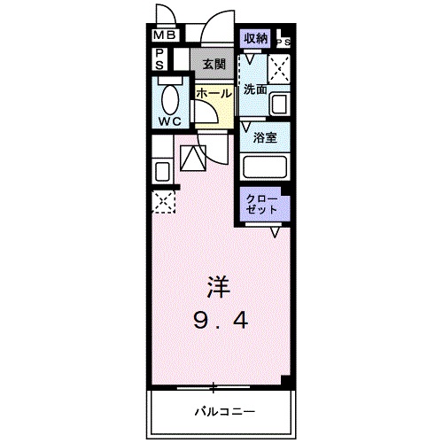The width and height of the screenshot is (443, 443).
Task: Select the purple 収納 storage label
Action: click(x=255, y=38)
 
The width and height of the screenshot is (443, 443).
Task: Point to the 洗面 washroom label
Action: click(x=255, y=89)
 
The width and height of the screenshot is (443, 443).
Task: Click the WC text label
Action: click(x=171, y=120)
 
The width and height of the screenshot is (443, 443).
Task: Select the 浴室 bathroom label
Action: click(x=263, y=137)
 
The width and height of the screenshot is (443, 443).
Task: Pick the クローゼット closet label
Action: click(x=262, y=202)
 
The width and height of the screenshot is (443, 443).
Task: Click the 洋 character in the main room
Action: click(x=218, y=285)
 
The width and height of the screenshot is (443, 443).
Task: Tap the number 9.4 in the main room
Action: click(x=218, y=321)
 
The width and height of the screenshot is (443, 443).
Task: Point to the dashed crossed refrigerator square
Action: click(x=161, y=202)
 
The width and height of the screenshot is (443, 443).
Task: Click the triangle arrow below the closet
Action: click(x=276, y=232)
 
